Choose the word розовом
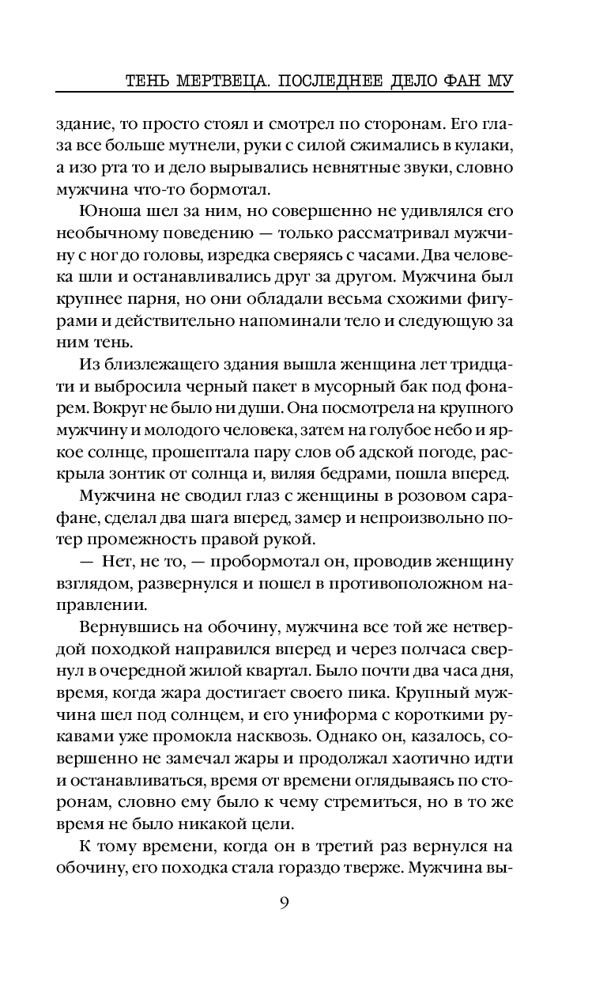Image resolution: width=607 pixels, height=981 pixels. click(x=438, y=498)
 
